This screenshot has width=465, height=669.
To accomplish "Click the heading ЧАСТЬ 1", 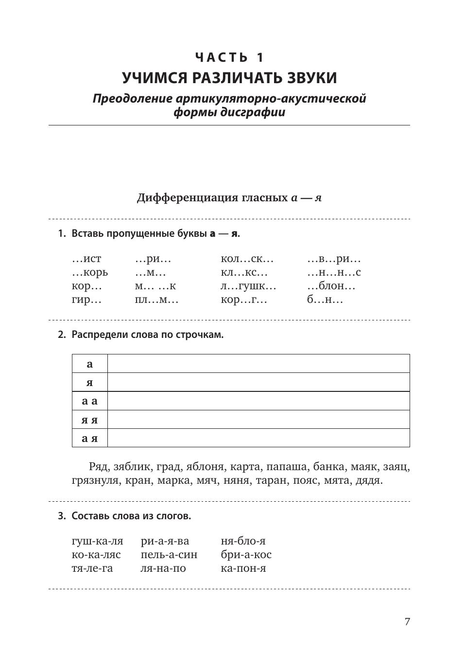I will (x=229, y=57).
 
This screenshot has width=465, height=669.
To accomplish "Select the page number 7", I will (x=407, y=621).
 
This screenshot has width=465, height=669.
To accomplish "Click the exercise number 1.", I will (x=61, y=234).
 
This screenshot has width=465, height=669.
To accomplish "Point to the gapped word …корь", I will (x=90, y=273).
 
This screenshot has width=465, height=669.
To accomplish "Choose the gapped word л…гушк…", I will (x=248, y=286).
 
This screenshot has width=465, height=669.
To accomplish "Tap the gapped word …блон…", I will (x=331, y=286).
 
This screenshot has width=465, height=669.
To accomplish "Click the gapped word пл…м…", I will (x=156, y=300).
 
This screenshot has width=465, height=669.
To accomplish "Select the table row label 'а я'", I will (x=89, y=438).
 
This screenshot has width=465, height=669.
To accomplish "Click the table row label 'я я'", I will (x=89, y=420).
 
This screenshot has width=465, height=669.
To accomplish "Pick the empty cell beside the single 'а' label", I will (x=258, y=364).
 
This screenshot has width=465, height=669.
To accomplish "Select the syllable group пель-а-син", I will (x=169, y=555).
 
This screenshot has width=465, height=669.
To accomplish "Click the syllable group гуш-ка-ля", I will (x=97, y=541).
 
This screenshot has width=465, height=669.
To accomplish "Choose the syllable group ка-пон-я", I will (x=243, y=568).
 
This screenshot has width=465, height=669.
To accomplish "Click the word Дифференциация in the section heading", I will (x=180, y=198).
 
